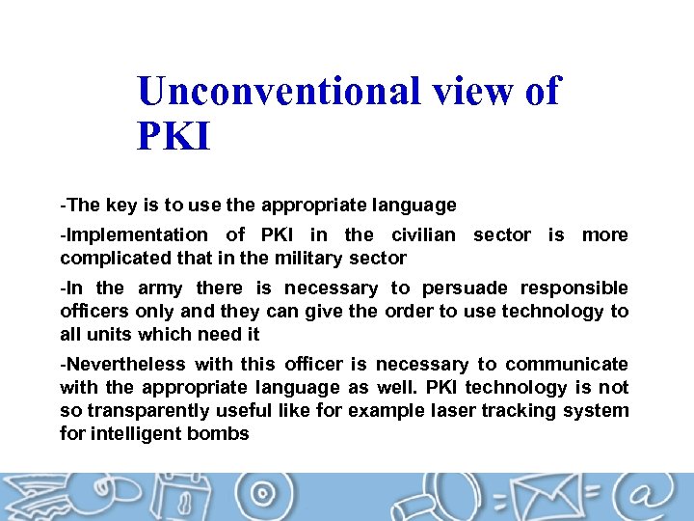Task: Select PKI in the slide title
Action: coord(173,136)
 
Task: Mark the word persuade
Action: coord(465,288)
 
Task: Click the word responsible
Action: coord(574,288)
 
